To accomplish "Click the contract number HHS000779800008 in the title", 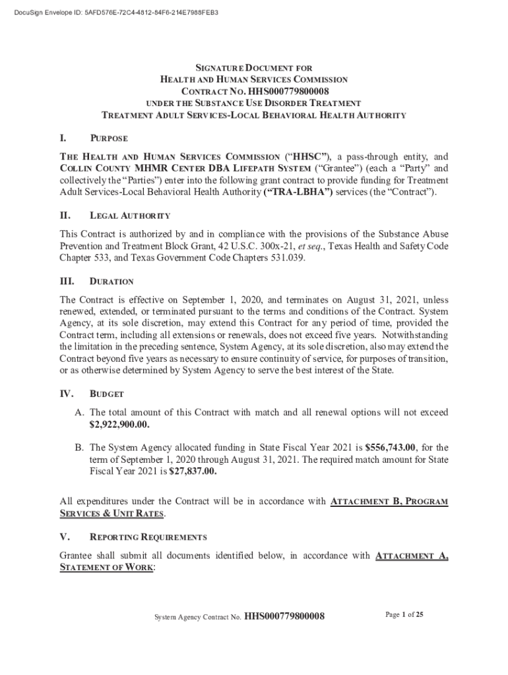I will [286, 91].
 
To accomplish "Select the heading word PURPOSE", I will [109, 139].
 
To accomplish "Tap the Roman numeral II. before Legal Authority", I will [65, 216].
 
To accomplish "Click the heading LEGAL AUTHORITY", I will [130, 216].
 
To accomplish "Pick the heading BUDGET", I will [106, 394].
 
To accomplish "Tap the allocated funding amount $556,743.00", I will [391, 448].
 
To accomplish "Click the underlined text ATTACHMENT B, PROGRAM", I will [389, 502].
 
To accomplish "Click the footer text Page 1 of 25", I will [404, 615].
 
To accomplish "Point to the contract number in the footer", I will [284, 617].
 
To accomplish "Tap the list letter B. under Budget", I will [79, 448].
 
